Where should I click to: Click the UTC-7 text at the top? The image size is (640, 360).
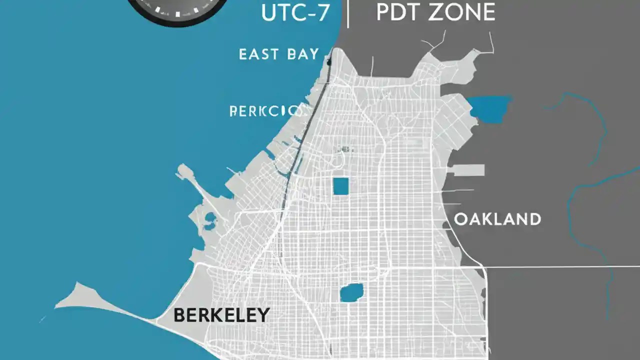click(295, 13)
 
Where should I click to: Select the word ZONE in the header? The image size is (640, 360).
click(465, 13)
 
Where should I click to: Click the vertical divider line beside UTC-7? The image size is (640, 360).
click(347, 13)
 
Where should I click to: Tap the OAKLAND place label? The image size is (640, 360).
click(497, 219)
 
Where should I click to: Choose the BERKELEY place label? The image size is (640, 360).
click(221, 315)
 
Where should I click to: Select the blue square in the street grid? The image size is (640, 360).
click(340, 186)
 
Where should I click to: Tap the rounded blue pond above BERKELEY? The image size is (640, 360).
click(351, 292)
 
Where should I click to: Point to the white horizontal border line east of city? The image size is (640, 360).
click(560, 267)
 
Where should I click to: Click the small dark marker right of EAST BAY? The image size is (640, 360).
click(328, 62)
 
